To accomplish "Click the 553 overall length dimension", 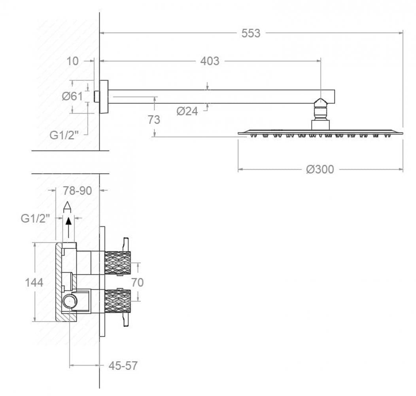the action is (x=251, y=33).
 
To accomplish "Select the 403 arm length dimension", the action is (x=210, y=61).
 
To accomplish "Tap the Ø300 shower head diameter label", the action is (x=320, y=169).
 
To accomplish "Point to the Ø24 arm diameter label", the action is (x=187, y=111).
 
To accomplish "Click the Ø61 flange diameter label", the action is (x=72, y=96).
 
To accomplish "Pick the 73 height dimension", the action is (x=154, y=120).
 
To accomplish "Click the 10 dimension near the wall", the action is (x=72, y=61).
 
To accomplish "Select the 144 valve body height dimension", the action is (x=34, y=282).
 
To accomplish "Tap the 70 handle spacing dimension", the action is (x=138, y=282).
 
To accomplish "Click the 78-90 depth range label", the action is (x=78, y=191).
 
